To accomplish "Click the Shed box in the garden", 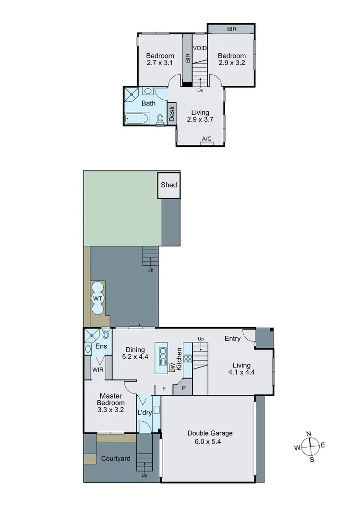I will (x=168, y=185).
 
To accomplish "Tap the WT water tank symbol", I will (x=98, y=298).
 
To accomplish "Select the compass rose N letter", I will (x=309, y=434).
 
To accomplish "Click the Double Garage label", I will (x=210, y=433).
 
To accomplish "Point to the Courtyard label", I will (x=115, y=459).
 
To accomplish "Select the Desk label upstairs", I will (x=171, y=114).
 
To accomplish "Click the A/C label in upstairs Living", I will (x=206, y=139).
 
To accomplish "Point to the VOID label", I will (x=200, y=48).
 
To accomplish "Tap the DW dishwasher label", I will (x=173, y=367).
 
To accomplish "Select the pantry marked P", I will (x=183, y=388).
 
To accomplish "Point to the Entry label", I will (x=232, y=339).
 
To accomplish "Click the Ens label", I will (x=100, y=346).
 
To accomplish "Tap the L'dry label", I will (x=144, y=413).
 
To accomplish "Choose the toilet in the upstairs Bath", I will (x=160, y=118).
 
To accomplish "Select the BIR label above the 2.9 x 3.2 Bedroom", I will (x=231, y=29).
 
